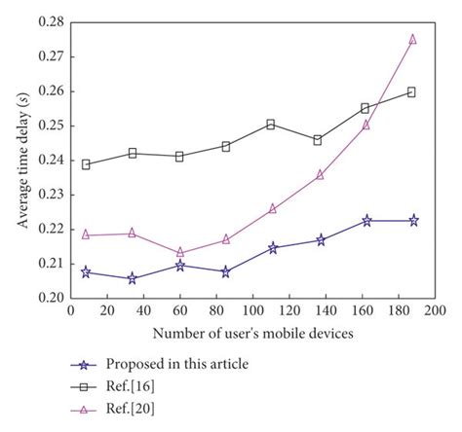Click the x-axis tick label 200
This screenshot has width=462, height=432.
436,312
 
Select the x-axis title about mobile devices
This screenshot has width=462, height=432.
251,335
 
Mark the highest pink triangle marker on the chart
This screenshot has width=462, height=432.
412,39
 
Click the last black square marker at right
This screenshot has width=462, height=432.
412,91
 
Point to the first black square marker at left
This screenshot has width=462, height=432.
87,164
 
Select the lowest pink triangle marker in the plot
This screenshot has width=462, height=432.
180,252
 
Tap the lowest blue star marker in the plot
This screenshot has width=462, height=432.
133,278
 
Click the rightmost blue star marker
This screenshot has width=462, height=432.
412,221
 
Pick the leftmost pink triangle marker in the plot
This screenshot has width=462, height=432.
87,234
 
